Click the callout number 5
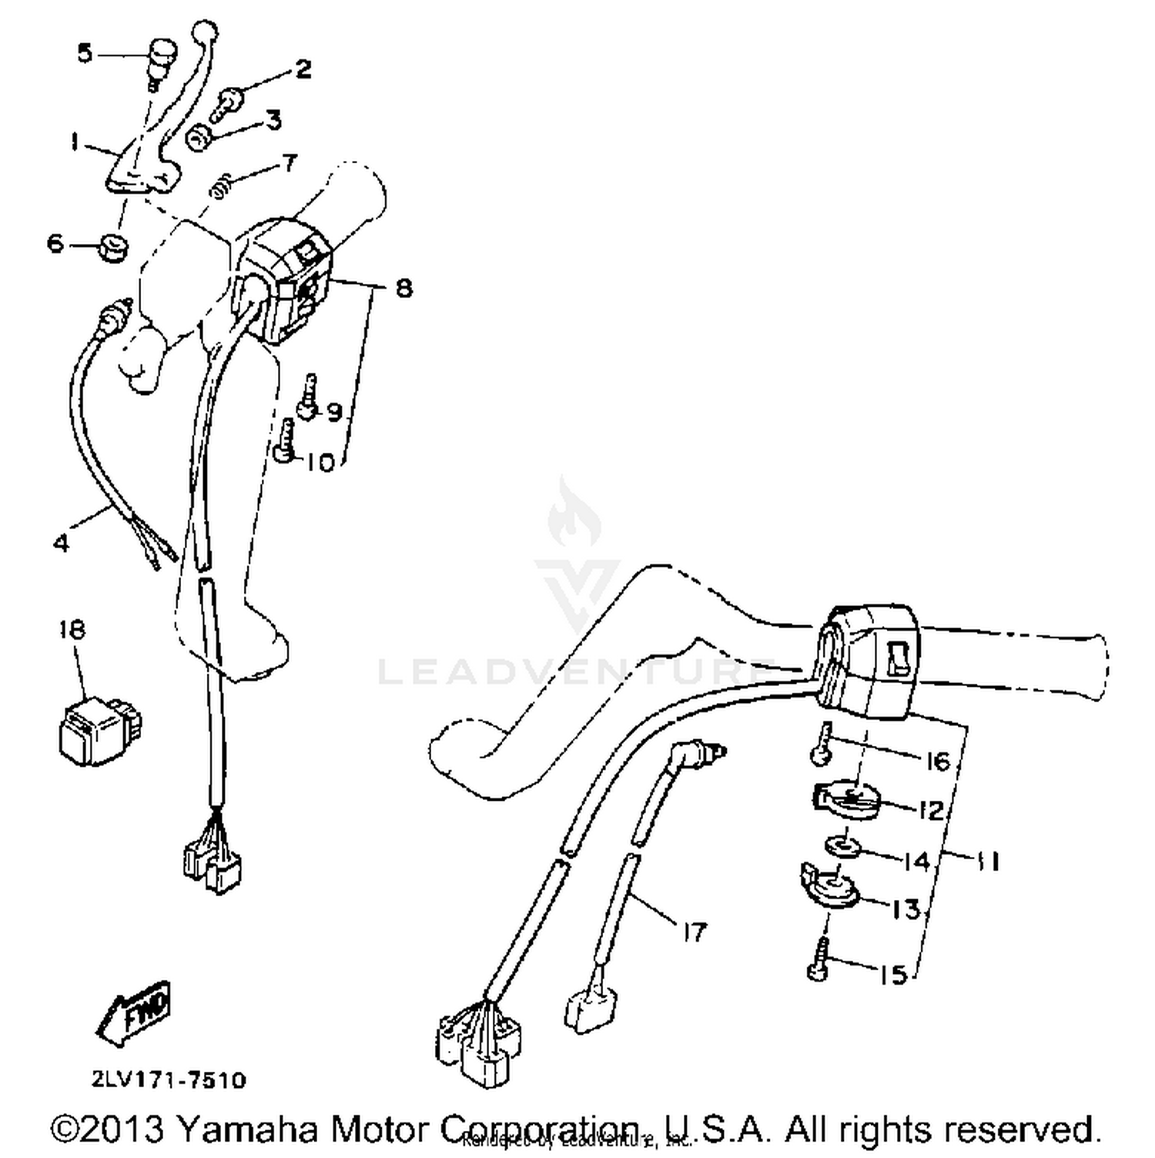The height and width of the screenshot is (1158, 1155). coord(85,53)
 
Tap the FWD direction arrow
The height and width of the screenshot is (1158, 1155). coord(134,1012)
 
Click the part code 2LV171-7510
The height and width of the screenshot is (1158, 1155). coord(169,1079)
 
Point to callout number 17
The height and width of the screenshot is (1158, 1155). coord(694,932)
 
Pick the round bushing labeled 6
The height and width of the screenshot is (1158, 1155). coord(112,247)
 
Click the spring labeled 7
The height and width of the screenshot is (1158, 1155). coord(223,186)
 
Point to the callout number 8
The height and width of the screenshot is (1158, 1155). coord(403,288)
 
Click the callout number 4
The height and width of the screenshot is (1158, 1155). coord(62,543)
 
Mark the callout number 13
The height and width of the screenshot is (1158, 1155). coord(906,909)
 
